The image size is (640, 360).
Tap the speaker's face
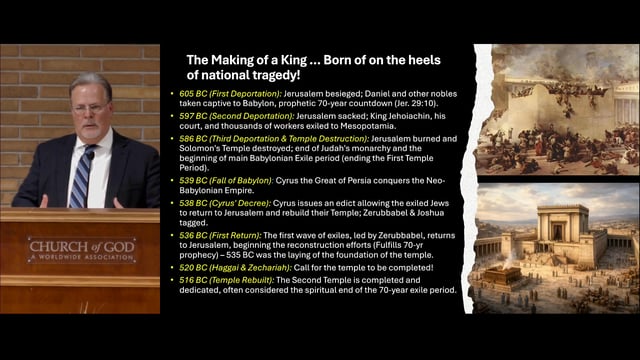[x=91, y=108]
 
